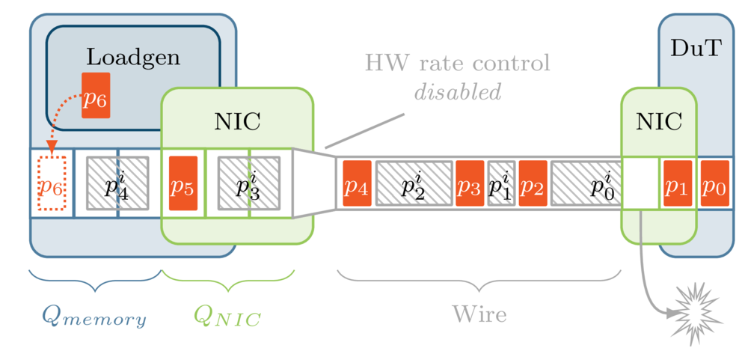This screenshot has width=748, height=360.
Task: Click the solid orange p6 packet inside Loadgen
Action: click(96, 95)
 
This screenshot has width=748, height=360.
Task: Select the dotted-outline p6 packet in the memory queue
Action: click(51, 183)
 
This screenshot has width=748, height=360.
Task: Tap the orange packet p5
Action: click(183, 183)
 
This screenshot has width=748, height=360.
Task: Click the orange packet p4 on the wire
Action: click(357, 183)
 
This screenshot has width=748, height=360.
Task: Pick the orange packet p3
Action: click(470, 183)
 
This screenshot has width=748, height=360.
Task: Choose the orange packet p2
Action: click(533, 183)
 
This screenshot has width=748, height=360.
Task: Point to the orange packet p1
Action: click(677, 183)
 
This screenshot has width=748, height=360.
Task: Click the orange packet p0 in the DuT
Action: click(714, 183)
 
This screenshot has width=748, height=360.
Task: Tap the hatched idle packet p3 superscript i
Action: click(249, 183)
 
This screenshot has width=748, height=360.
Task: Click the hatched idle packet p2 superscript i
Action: click(414, 183)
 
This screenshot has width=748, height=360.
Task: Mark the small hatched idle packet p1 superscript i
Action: click(501, 183)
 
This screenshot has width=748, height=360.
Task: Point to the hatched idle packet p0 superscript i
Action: click(587, 183)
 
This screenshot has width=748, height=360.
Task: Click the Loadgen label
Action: click(133, 57)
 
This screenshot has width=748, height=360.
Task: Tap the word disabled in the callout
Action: click(458, 92)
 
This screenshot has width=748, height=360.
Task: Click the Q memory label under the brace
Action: click(93, 317)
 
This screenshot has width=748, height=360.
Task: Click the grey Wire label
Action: click(479, 314)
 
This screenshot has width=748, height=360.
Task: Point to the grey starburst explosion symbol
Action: click(696, 313)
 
